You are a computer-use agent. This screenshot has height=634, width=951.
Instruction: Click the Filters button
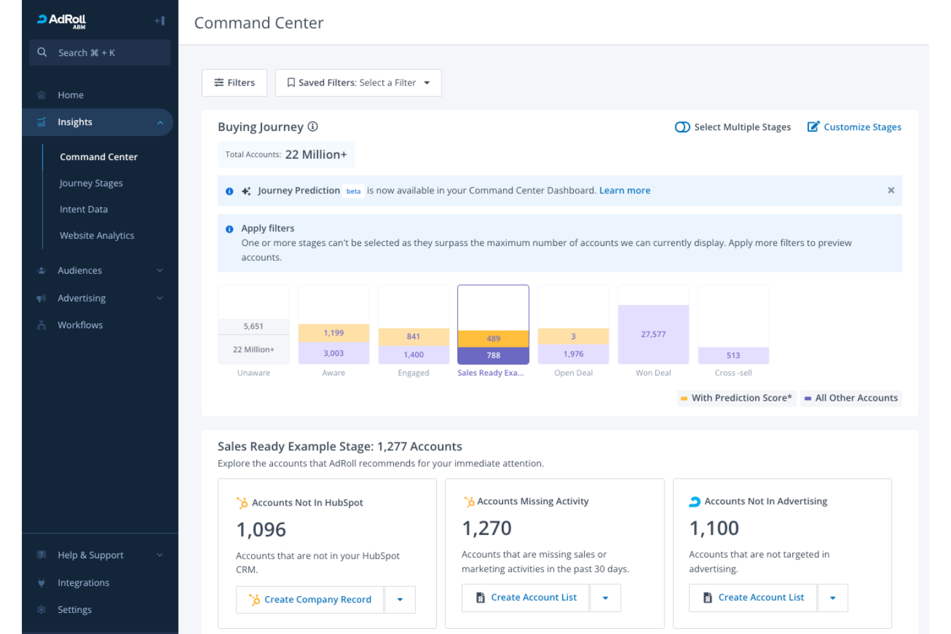tap(235, 83)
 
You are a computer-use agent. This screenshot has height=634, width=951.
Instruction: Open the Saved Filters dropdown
tap(358, 83)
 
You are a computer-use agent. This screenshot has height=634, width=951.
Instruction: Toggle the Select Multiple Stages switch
tap(682, 127)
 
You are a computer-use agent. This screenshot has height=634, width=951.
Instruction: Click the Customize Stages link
tap(854, 127)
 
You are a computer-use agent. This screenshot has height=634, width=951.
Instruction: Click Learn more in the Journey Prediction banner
tap(625, 191)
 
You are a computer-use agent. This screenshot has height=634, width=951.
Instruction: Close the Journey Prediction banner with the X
tap(891, 190)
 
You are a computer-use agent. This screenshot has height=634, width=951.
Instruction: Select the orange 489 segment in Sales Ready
tap(493, 339)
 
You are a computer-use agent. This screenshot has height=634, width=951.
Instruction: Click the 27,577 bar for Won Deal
tap(653, 334)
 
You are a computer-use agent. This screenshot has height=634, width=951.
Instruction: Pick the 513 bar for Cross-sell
tap(733, 355)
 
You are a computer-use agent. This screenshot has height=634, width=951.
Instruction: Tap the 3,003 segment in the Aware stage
tap(333, 353)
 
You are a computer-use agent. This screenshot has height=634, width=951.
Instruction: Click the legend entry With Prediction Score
tap(737, 398)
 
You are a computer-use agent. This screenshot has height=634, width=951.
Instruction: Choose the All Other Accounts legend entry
tap(851, 398)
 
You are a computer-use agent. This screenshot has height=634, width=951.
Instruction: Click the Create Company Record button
tap(310, 599)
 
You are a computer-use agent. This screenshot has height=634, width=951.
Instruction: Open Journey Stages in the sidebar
tap(91, 183)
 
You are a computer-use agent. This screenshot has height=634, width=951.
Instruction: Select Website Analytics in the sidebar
tap(97, 236)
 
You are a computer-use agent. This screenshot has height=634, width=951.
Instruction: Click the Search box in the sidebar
tap(100, 53)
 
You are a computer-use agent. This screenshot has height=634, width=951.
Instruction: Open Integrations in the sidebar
tap(84, 583)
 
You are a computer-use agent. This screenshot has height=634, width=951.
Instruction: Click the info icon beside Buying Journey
tap(313, 127)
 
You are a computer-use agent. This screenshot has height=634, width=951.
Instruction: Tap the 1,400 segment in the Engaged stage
tap(414, 355)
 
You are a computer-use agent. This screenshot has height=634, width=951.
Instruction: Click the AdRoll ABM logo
tap(62, 21)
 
